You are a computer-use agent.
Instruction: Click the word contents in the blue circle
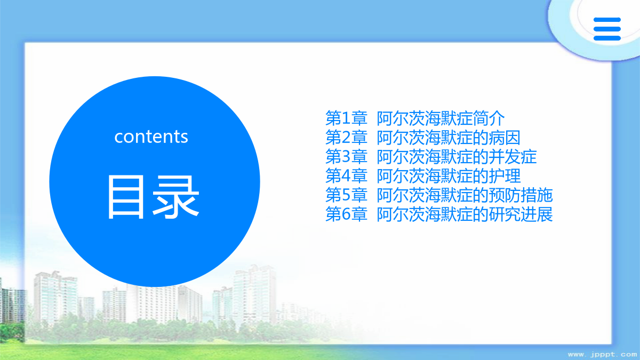[151, 137]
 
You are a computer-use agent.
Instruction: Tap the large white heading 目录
[153, 197]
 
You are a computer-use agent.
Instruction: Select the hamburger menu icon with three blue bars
[607, 29]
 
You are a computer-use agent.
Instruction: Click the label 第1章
[346, 118]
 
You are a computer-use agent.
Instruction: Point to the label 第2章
[346, 138]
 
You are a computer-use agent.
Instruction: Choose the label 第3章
[346, 157]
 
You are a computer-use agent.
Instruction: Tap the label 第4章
[346, 175]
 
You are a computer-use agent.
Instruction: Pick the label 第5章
[346, 195]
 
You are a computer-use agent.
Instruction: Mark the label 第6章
[346, 214]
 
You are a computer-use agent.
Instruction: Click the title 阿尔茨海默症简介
[441, 118]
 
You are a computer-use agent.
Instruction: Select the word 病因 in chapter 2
[505, 138]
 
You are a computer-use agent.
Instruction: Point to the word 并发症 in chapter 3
[513, 157]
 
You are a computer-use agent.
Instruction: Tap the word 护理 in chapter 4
[505, 175]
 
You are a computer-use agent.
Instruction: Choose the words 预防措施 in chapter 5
[521, 195]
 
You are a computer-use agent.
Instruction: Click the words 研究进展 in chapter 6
[521, 214]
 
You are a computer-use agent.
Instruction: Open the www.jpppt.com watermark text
[603, 355]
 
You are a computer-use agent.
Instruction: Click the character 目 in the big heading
[126, 197]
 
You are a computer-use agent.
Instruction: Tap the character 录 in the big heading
[175, 197]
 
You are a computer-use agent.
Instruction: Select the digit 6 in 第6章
[346, 214]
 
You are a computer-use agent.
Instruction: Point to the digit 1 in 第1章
[346, 118]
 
